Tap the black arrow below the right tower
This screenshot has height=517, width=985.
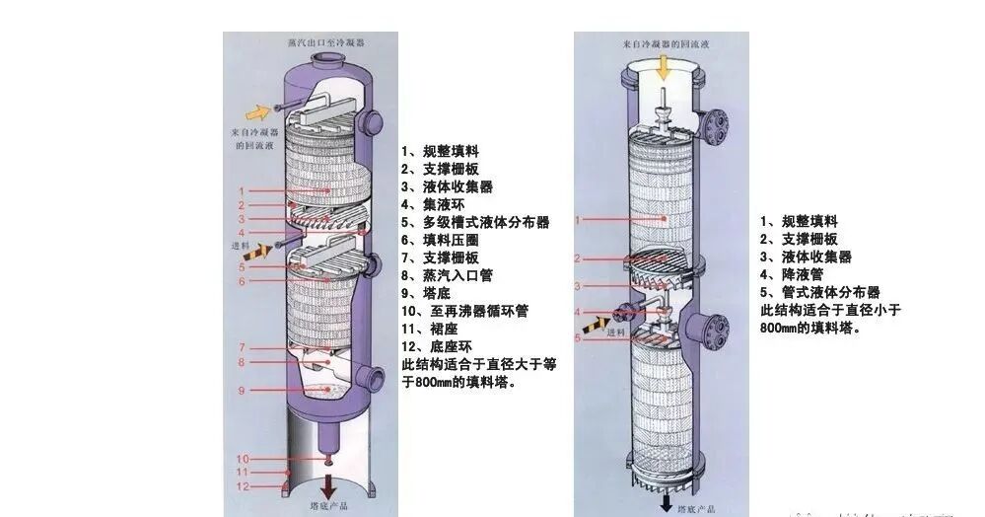[x=668, y=502]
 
